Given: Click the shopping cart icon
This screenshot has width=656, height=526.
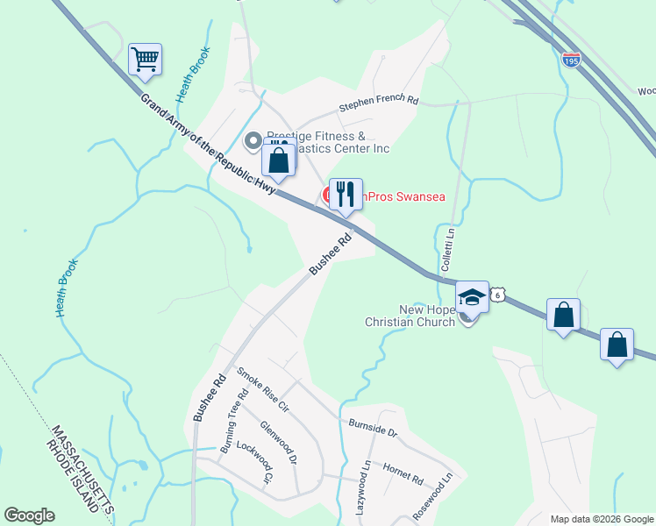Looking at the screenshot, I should pyautogui.click(x=146, y=60).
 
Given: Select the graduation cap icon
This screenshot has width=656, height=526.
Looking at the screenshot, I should pyautogui.click(x=472, y=298).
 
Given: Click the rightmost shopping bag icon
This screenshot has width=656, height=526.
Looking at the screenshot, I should pyautogui.click(x=617, y=344).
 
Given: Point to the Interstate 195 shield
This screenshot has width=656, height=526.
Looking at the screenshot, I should pyautogui.click(x=571, y=60).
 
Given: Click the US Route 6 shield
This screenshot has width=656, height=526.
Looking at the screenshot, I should pyautogui.click(x=497, y=295).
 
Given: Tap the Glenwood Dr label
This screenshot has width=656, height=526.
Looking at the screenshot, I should pyautogui.click(x=280, y=443).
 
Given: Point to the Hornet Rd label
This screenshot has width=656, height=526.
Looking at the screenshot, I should pyautogui.click(x=404, y=480).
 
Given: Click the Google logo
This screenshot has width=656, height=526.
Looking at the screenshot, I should pyautogui.click(x=29, y=515).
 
